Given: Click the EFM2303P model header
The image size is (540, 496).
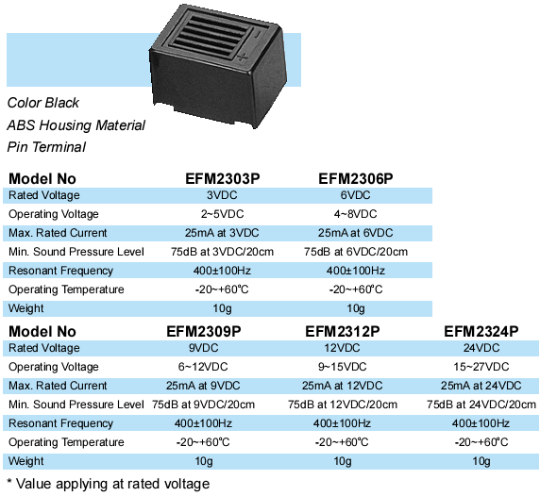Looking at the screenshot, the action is tap(223, 179).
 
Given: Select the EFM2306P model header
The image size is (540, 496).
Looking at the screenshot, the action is tap(355, 179).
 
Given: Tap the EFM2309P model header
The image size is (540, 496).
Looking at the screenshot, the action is tap(204, 332).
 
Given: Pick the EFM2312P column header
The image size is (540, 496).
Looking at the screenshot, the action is tap(343, 332).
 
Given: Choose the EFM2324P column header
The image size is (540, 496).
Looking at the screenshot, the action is tap(481, 332).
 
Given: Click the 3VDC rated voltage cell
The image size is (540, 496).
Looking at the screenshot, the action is tap(222, 195).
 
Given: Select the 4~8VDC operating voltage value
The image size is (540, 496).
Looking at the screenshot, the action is tap(355, 214).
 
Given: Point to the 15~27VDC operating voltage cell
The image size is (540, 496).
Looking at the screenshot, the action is tap(481, 367).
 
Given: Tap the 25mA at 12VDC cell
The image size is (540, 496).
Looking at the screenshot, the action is tap(343, 386).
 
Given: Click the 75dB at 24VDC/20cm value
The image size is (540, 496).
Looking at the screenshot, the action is tap(481, 405).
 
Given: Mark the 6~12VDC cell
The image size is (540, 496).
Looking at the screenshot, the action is tap(203, 367).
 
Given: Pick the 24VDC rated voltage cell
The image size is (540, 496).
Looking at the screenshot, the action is tap(481, 348).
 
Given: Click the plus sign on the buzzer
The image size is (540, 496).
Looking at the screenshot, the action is tap(243, 57).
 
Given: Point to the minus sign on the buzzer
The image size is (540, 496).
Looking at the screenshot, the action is tap(258, 34).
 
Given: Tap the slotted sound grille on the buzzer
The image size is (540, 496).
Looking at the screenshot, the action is tap(211, 33).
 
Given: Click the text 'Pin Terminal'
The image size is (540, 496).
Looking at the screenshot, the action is tap(46, 147).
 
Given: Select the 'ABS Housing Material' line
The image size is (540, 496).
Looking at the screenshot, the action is tap(76, 125).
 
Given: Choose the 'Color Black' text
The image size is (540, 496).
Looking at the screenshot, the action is tap(43, 103).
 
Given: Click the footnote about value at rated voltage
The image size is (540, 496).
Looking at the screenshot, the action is tap(109, 484).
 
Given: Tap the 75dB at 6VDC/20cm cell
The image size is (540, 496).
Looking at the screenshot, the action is tap(356, 252).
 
